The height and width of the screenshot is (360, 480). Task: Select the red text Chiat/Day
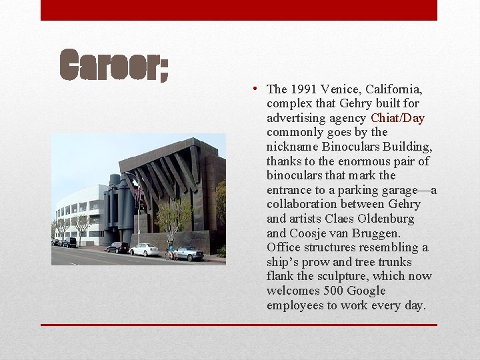397,118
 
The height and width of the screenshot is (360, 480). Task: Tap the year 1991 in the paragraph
302,89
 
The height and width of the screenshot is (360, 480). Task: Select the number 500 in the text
334,291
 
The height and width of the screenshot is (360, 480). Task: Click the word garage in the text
399,190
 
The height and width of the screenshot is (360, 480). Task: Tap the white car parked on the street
145,249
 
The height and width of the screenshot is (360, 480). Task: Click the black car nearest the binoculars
117,247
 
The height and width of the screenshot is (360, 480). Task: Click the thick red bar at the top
239,10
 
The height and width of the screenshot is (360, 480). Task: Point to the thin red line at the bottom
239,325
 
